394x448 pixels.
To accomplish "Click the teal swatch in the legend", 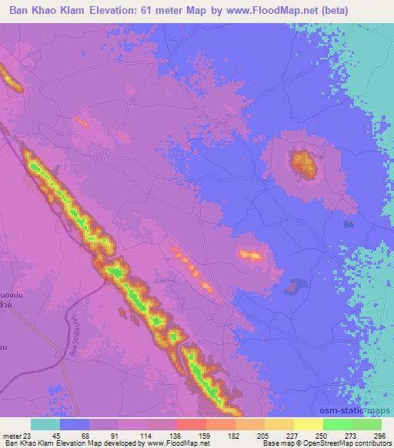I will [45, 424].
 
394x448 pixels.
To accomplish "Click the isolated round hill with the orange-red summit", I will [301, 162].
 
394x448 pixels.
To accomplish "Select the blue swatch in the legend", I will [75, 424].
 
